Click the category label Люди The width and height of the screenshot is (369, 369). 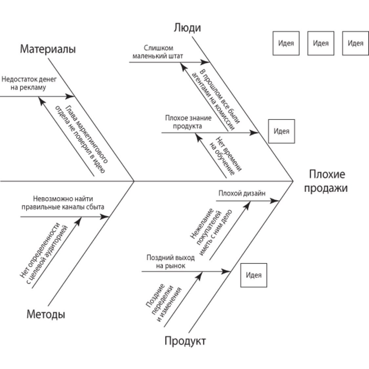click(187, 28)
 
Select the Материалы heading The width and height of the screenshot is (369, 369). click(48, 49)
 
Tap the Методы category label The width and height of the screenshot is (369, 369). click(46, 315)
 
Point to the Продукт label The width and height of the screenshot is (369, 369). click(185, 341)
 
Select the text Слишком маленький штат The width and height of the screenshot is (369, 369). click(157, 52)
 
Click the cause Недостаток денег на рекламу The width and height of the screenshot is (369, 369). click(29, 83)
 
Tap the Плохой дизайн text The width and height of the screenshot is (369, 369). click(242, 193)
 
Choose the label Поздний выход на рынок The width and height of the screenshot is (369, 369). click(171, 261)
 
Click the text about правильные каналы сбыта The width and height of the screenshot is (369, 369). click(63, 203)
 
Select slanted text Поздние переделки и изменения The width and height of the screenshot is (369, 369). click(163, 302)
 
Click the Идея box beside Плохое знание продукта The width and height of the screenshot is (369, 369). click(281, 131)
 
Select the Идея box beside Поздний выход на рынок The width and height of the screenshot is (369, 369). click(254, 275)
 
